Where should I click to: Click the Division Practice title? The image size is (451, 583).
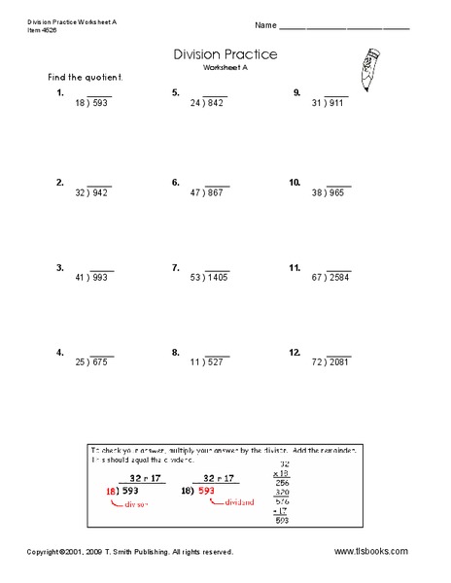point(225,55)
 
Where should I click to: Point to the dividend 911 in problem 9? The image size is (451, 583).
point(336,104)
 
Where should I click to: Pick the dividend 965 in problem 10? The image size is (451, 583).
point(334,193)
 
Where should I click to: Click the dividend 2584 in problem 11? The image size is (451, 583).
point(342,277)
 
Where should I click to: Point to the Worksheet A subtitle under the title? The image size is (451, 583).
point(225,70)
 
